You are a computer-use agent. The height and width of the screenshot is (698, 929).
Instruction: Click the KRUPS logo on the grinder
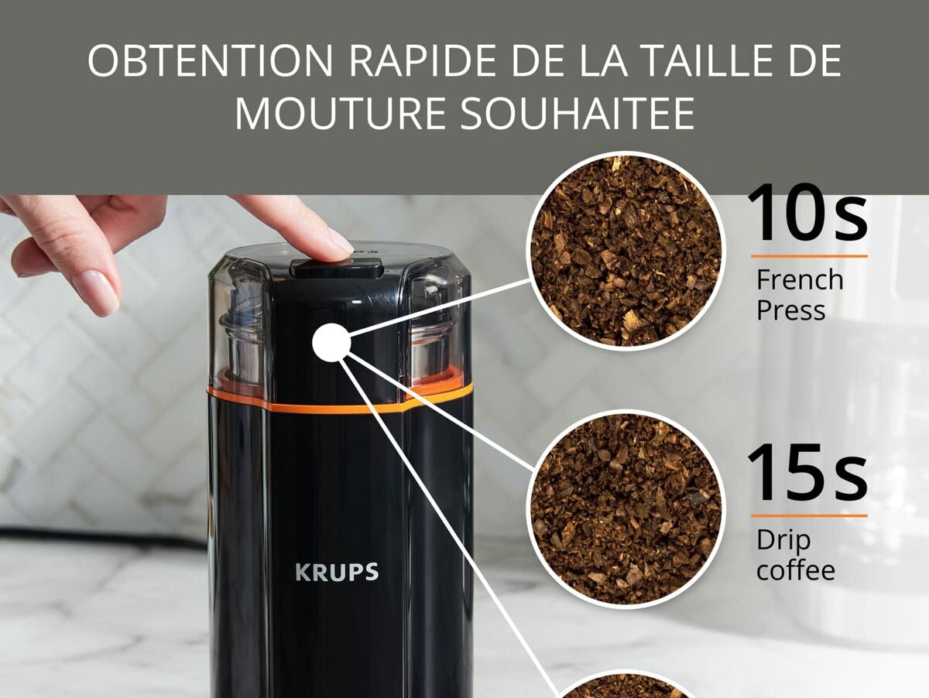[x=337, y=572]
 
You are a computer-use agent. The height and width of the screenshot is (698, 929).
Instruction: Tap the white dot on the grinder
[x=331, y=342]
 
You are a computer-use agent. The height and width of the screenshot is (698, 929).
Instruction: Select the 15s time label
[x=808, y=472]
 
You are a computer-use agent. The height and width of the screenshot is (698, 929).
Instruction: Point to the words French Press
[x=800, y=294]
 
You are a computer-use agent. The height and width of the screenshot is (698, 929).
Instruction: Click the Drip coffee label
[x=796, y=555]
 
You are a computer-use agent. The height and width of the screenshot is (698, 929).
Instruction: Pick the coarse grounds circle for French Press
[x=626, y=251]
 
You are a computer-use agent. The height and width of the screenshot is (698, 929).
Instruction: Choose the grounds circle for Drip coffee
[x=626, y=509]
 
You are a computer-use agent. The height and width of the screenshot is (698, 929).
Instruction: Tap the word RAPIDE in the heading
[x=428, y=61]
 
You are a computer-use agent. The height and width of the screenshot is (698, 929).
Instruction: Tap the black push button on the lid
[x=337, y=269]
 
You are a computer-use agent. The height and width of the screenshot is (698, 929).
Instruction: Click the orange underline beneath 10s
[x=809, y=256]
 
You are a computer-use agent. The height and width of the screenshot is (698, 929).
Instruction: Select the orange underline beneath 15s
[x=809, y=515]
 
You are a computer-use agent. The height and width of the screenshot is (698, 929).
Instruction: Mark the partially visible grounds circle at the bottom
[x=626, y=685]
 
